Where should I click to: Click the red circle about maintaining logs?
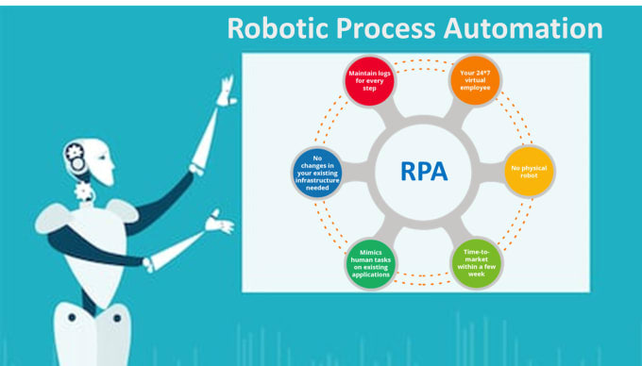tap(368, 81)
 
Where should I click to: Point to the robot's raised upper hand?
tap(225, 91)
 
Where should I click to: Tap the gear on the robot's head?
tap(76, 152)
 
